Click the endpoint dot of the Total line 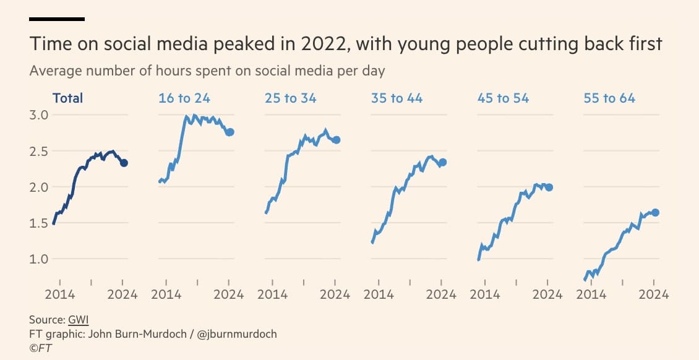pos(124,163)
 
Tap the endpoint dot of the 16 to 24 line pos(230,132)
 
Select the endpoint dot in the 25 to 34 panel pos(337,140)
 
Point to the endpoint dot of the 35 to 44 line pos(442,162)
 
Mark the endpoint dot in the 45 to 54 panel pos(549,187)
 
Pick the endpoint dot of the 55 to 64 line pos(655,212)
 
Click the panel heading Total pos(68,98)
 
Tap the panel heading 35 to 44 pos(397,98)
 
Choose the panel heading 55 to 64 pos(609,98)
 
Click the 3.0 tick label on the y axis pos(39,115)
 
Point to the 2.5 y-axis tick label pos(39,151)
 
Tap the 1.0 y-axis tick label pos(39,259)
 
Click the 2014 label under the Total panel pos(59,294)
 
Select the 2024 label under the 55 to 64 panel pos(654,294)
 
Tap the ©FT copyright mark pos(40,348)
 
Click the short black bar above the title pos(57,19)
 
